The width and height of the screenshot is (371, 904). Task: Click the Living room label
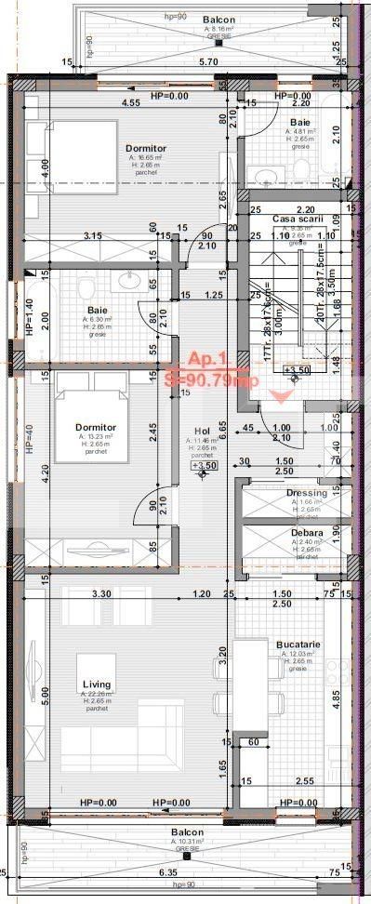(97, 684)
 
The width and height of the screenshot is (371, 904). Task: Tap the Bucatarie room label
(298, 644)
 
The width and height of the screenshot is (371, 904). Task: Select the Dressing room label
(307, 492)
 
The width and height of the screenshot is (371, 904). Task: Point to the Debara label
(307, 532)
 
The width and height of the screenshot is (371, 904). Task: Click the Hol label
(203, 430)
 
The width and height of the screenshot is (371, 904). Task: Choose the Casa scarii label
(298, 219)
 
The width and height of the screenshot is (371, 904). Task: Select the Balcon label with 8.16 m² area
(218, 19)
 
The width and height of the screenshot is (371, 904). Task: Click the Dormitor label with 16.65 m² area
(146, 148)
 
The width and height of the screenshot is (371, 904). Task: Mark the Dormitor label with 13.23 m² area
(96, 427)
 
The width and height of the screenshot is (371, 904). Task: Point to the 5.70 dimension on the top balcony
(210, 61)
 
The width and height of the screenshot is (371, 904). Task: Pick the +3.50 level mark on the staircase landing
(298, 371)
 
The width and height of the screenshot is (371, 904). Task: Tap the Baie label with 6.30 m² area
(98, 310)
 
